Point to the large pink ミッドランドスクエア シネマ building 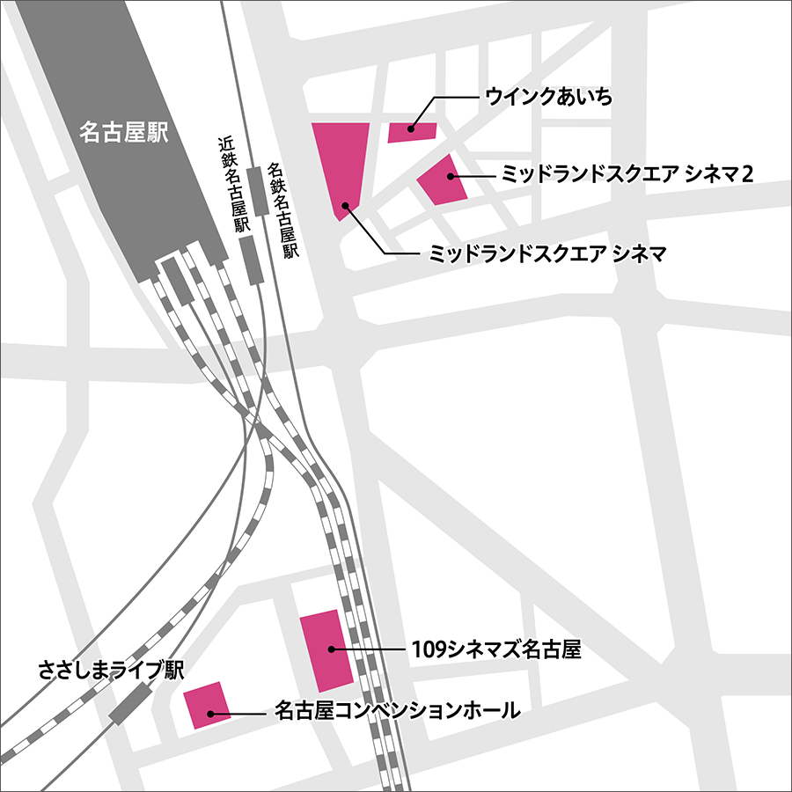point(341,163)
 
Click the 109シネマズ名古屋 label point(497,651)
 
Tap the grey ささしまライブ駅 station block point(130,704)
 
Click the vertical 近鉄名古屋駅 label point(231,183)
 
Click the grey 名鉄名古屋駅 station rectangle point(257,189)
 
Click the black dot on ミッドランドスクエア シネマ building point(347,206)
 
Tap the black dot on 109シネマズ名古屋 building point(332,649)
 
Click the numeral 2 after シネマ point(747,174)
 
